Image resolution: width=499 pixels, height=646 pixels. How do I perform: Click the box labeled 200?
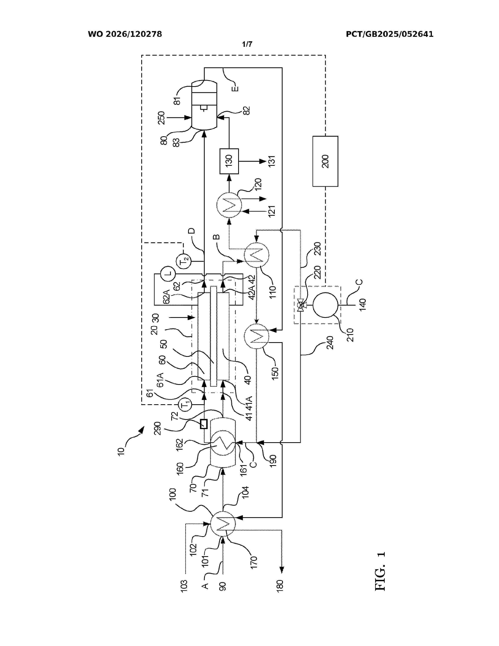[325, 161]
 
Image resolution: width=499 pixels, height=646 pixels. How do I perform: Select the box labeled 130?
[229, 161]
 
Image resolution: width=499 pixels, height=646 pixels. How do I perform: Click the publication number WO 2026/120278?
[125, 34]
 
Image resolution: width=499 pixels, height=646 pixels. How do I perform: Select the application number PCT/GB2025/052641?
[390, 34]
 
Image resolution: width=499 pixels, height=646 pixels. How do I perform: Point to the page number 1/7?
[247, 44]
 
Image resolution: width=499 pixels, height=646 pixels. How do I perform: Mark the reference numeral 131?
[272, 161]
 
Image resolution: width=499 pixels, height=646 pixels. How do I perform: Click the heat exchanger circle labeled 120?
[229, 205]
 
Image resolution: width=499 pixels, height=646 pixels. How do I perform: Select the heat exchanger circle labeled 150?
[257, 336]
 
